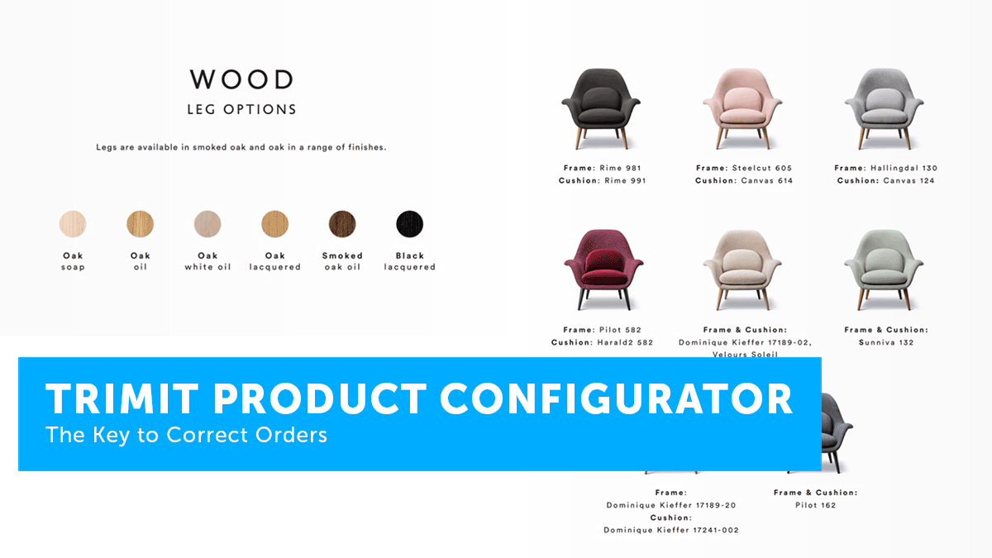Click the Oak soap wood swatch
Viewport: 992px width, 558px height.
tap(73, 224)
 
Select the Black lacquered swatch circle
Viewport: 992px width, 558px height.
tap(410, 224)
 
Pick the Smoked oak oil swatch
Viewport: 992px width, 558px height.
tap(342, 224)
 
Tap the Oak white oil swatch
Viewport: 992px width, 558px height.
tap(207, 224)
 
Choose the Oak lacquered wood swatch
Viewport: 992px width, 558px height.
tap(275, 224)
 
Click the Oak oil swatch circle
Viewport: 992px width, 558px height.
tap(141, 224)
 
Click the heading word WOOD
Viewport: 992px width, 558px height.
tap(241, 79)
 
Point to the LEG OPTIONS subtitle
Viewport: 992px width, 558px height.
tap(241, 109)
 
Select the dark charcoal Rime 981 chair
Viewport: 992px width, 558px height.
tap(601, 108)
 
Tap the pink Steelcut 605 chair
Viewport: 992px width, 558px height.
tap(742, 108)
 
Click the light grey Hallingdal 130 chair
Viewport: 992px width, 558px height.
tap(885, 108)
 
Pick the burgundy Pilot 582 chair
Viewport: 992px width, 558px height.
tap(603, 269)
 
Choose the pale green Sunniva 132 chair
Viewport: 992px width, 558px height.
tap(884, 269)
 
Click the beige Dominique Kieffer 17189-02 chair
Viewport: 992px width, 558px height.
tap(742, 269)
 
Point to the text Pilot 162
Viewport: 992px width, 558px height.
tap(816, 505)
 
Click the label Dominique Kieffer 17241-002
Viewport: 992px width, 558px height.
tap(671, 530)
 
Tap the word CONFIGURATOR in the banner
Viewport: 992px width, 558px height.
tap(617, 399)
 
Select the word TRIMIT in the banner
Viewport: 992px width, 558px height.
tap(122, 399)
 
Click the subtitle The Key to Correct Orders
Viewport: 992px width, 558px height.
tap(187, 435)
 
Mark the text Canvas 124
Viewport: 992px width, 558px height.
tap(909, 181)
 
